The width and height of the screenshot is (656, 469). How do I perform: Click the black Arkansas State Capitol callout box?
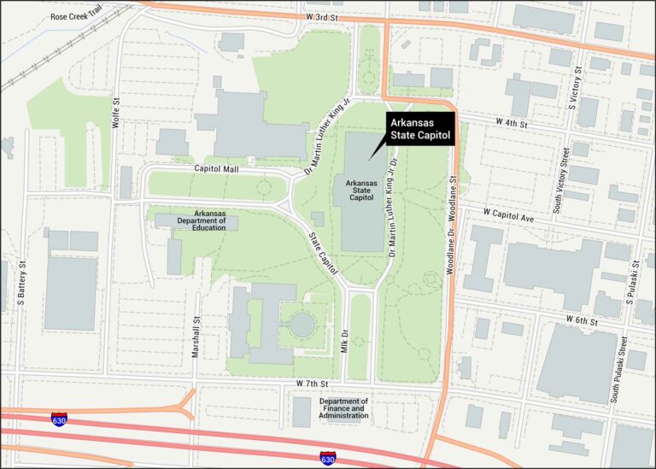(419, 127)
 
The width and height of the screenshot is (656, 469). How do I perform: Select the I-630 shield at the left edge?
(59, 419)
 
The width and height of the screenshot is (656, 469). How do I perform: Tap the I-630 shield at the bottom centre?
(327, 459)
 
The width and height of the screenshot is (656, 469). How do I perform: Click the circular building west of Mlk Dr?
(302, 324)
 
